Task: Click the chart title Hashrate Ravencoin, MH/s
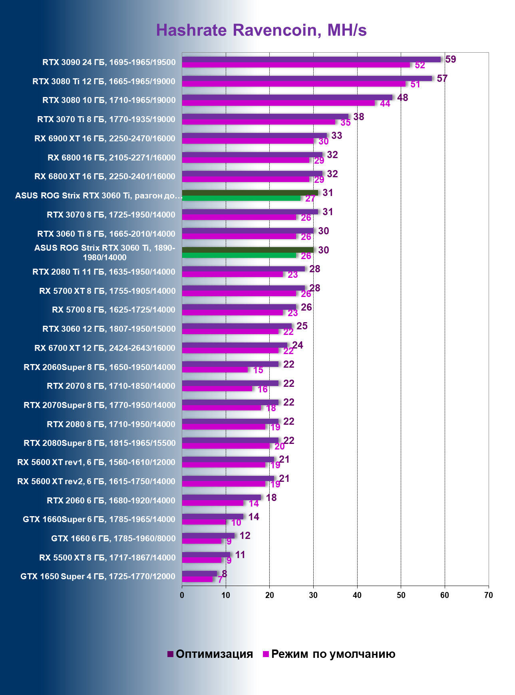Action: point(261,30)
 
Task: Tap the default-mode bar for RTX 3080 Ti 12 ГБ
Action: point(294,84)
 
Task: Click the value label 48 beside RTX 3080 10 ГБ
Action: point(402,98)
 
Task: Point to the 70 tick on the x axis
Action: point(488,595)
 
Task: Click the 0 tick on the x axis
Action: point(182,595)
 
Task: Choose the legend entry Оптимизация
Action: point(211,654)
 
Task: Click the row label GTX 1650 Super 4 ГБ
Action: point(98,576)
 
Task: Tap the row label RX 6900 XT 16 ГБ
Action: point(105,139)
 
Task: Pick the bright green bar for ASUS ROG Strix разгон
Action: point(241,198)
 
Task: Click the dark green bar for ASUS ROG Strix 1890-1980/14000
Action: point(248,250)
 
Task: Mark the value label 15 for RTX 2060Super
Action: point(258,370)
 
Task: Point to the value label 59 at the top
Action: point(450,59)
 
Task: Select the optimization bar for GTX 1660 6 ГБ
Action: point(208,536)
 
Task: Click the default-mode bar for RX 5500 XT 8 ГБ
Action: point(201,560)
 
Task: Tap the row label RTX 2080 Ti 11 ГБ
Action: point(104,272)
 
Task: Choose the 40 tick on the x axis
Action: point(357,595)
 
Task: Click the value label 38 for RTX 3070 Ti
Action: point(358,117)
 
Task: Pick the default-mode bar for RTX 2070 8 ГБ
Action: point(217,389)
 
